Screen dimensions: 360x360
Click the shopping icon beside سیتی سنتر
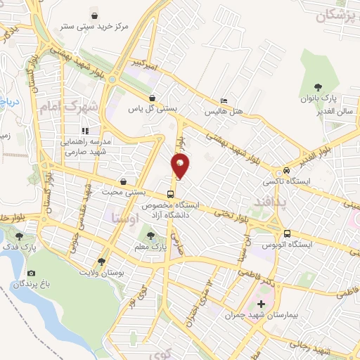pyautogui.click(x=96, y=15)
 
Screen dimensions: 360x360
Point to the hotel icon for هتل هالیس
pyautogui.click(x=224, y=100)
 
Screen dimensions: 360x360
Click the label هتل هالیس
pyautogui.click(x=224, y=111)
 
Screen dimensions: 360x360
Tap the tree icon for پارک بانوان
pyautogui.click(x=318, y=88)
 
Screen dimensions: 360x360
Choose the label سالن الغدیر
pyautogui.click(x=334, y=111)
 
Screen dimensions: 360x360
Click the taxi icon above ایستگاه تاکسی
pyautogui.click(x=286, y=171)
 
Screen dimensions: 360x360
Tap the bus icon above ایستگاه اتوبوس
pyautogui.click(x=287, y=234)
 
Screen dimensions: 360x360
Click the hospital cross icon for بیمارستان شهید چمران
pyautogui.click(x=261, y=304)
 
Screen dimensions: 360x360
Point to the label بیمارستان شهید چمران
pyautogui.click(x=261, y=316)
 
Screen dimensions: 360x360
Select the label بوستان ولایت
pyautogui.click(x=101, y=271)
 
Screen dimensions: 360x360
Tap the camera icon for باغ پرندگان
pyautogui.click(x=31, y=273)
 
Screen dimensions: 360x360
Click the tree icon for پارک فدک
pyautogui.click(x=18, y=236)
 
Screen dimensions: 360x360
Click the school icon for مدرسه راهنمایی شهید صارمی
pyautogui.click(x=85, y=130)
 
